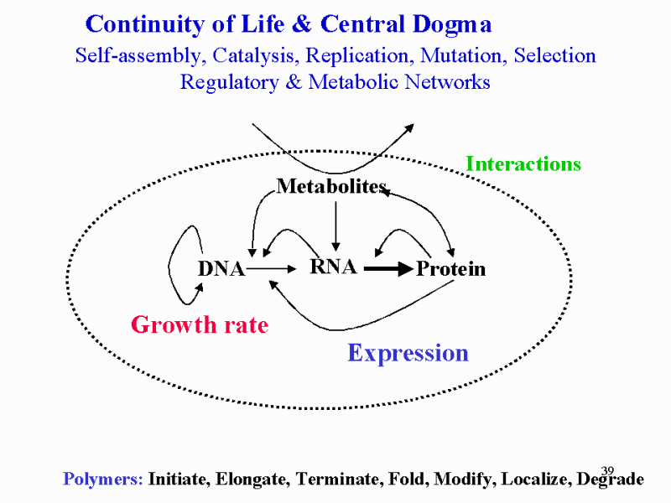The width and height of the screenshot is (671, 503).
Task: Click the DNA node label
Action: pyautogui.click(x=221, y=269)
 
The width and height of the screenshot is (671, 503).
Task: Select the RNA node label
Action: pyautogui.click(x=333, y=267)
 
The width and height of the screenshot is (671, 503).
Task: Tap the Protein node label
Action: pyautogui.click(x=451, y=268)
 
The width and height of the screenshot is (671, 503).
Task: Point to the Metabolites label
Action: pyautogui.click(x=331, y=186)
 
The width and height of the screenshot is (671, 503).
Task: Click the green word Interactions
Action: pyautogui.click(x=523, y=163)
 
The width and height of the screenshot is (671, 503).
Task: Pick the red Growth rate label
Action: pyautogui.click(x=200, y=324)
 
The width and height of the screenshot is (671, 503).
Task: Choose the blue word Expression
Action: pyautogui.click(x=408, y=353)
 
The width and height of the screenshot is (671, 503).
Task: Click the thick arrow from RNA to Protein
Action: pyautogui.click(x=388, y=269)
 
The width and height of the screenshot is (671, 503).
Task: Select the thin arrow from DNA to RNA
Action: pyautogui.click(x=271, y=269)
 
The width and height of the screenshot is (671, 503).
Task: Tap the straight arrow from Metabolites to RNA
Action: pyautogui.click(x=336, y=226)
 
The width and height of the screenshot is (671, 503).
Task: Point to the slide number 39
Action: pyautogui.click(x=607, y=471)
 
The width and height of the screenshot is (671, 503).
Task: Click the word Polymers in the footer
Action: pyautogui.click(x=102, y=479)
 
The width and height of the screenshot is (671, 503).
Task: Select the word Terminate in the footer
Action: pyautogui.click(x=337, y=479)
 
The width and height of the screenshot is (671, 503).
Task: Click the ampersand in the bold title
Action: pyautogui.click(x=303, y=24)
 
